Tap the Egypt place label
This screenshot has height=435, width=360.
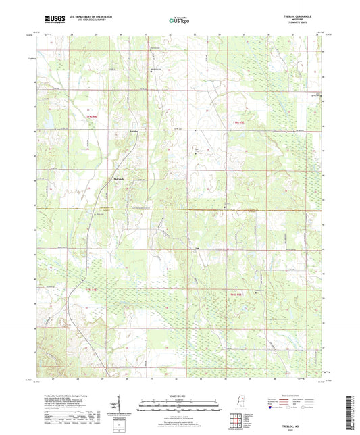(197, 249)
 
